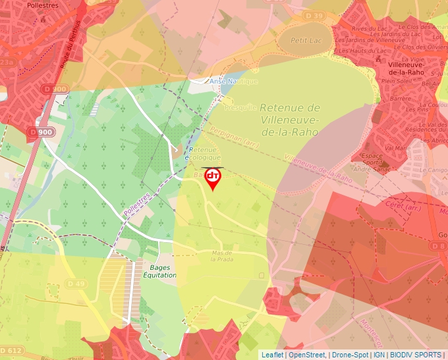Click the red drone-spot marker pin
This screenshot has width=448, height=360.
point(213,178)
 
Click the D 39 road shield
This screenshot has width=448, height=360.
point(315,16)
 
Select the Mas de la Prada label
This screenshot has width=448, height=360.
point(223,256)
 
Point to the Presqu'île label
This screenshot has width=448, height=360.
point(240,107)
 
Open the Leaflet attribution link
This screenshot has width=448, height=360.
point(272,355)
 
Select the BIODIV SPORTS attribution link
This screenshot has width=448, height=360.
point(416,355)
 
